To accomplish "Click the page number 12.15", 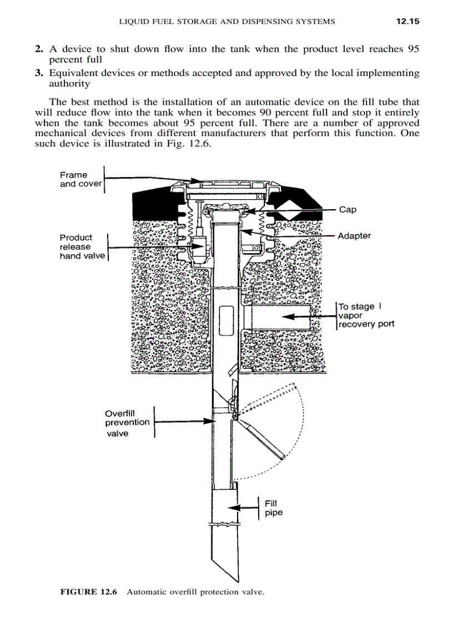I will click(x=406, y=22).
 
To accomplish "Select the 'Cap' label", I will click(x=347, y=210).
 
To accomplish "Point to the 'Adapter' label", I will click(x=354, y=236).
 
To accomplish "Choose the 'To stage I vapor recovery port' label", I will click(x=366, y=315).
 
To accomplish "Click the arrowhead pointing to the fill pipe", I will click(x=235, y=508).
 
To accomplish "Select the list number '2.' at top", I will click(x=39, y=49).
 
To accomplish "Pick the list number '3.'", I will click(x=39, y=73).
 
